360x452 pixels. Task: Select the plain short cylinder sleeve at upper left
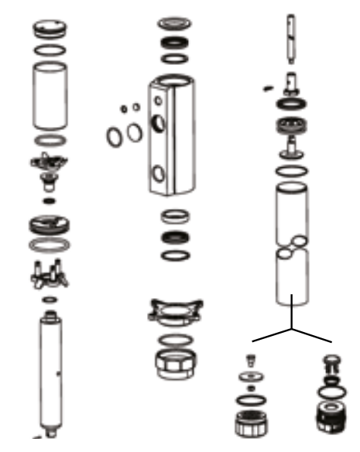pyautogui.click(x=50, y=95)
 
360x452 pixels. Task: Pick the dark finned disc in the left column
pyautogui.click(x=50, y=225)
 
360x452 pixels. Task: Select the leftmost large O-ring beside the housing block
pyautogui.click(x=113, y=136)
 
